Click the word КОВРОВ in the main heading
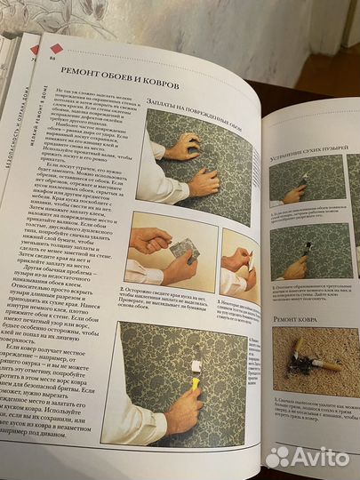click(155, 84)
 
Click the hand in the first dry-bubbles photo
click(293, 193)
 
